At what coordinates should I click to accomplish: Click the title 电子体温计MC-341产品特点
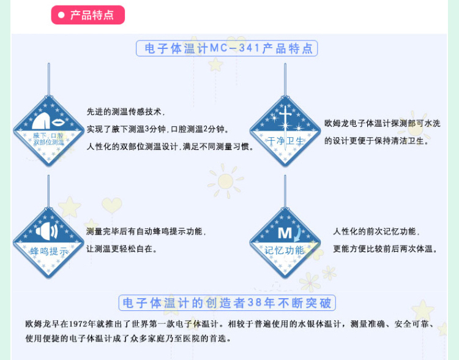(226, 48)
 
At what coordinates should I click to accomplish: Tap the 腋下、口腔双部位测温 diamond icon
(48, 131)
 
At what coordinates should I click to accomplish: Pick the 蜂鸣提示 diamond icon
(48, 242)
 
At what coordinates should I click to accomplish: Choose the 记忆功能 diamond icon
(285, 242)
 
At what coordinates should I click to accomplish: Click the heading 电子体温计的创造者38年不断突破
(226, 302)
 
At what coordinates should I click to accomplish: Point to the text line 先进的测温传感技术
(126, 112)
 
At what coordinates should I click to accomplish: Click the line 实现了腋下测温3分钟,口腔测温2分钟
(158, 129)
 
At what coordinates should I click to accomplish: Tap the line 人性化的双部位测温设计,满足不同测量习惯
(171, 146)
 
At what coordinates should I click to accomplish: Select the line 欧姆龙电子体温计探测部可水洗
(382, 123)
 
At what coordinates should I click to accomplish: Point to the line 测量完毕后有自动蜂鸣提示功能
(146, 231)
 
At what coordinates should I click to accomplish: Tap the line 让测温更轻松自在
(122, 249)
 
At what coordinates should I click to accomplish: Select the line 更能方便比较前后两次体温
(383, 249)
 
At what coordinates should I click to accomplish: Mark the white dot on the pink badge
(62, 15)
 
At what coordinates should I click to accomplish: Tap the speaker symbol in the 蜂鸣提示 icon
(48, 233)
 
